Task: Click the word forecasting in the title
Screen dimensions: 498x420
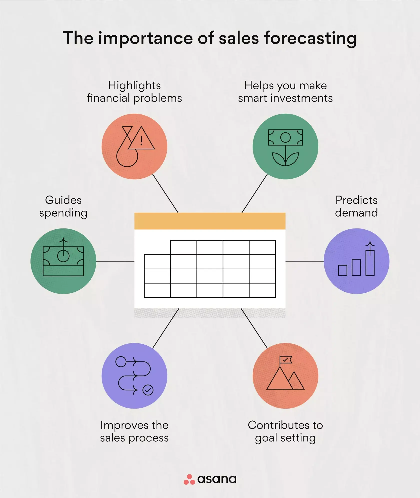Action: [x=310, y=38]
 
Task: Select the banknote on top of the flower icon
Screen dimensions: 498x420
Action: [x=285, y=137]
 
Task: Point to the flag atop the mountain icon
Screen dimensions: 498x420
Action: [x=286, y=360]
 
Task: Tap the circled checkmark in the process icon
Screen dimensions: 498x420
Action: [x=148, y=390]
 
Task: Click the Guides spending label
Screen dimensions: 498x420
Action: [x=63, y=206]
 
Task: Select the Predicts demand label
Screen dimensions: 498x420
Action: [x=356, y=206]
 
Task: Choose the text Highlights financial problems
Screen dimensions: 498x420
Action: [x=134, y=92]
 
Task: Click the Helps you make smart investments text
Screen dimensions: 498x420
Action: [x=285, y=92]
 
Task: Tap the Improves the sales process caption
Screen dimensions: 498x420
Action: [x=134, y=431]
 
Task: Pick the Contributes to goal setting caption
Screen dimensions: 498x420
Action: [x=285, y=431]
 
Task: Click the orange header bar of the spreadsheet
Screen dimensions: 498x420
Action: [x=210, y=221]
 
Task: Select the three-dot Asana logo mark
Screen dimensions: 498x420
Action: [x=189, y=479]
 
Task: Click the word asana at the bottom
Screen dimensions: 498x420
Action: [x=217, y=479]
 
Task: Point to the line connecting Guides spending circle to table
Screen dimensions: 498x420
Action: [x=115, y=261]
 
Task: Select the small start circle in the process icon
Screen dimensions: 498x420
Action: [x=121, y=362]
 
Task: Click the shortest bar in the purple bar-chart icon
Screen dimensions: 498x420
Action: [x=343, y=270]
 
